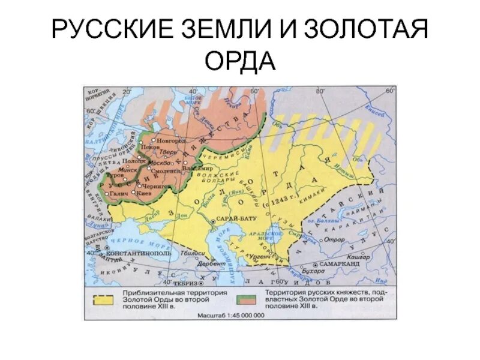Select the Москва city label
pyautogui.click(x=157, y=163)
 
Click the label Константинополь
pyautogui.click(x=139, y=253)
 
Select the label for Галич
pyautogui.click(x=119, y=194)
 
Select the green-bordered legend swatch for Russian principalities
pyautogui.click(x=248, y=298)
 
